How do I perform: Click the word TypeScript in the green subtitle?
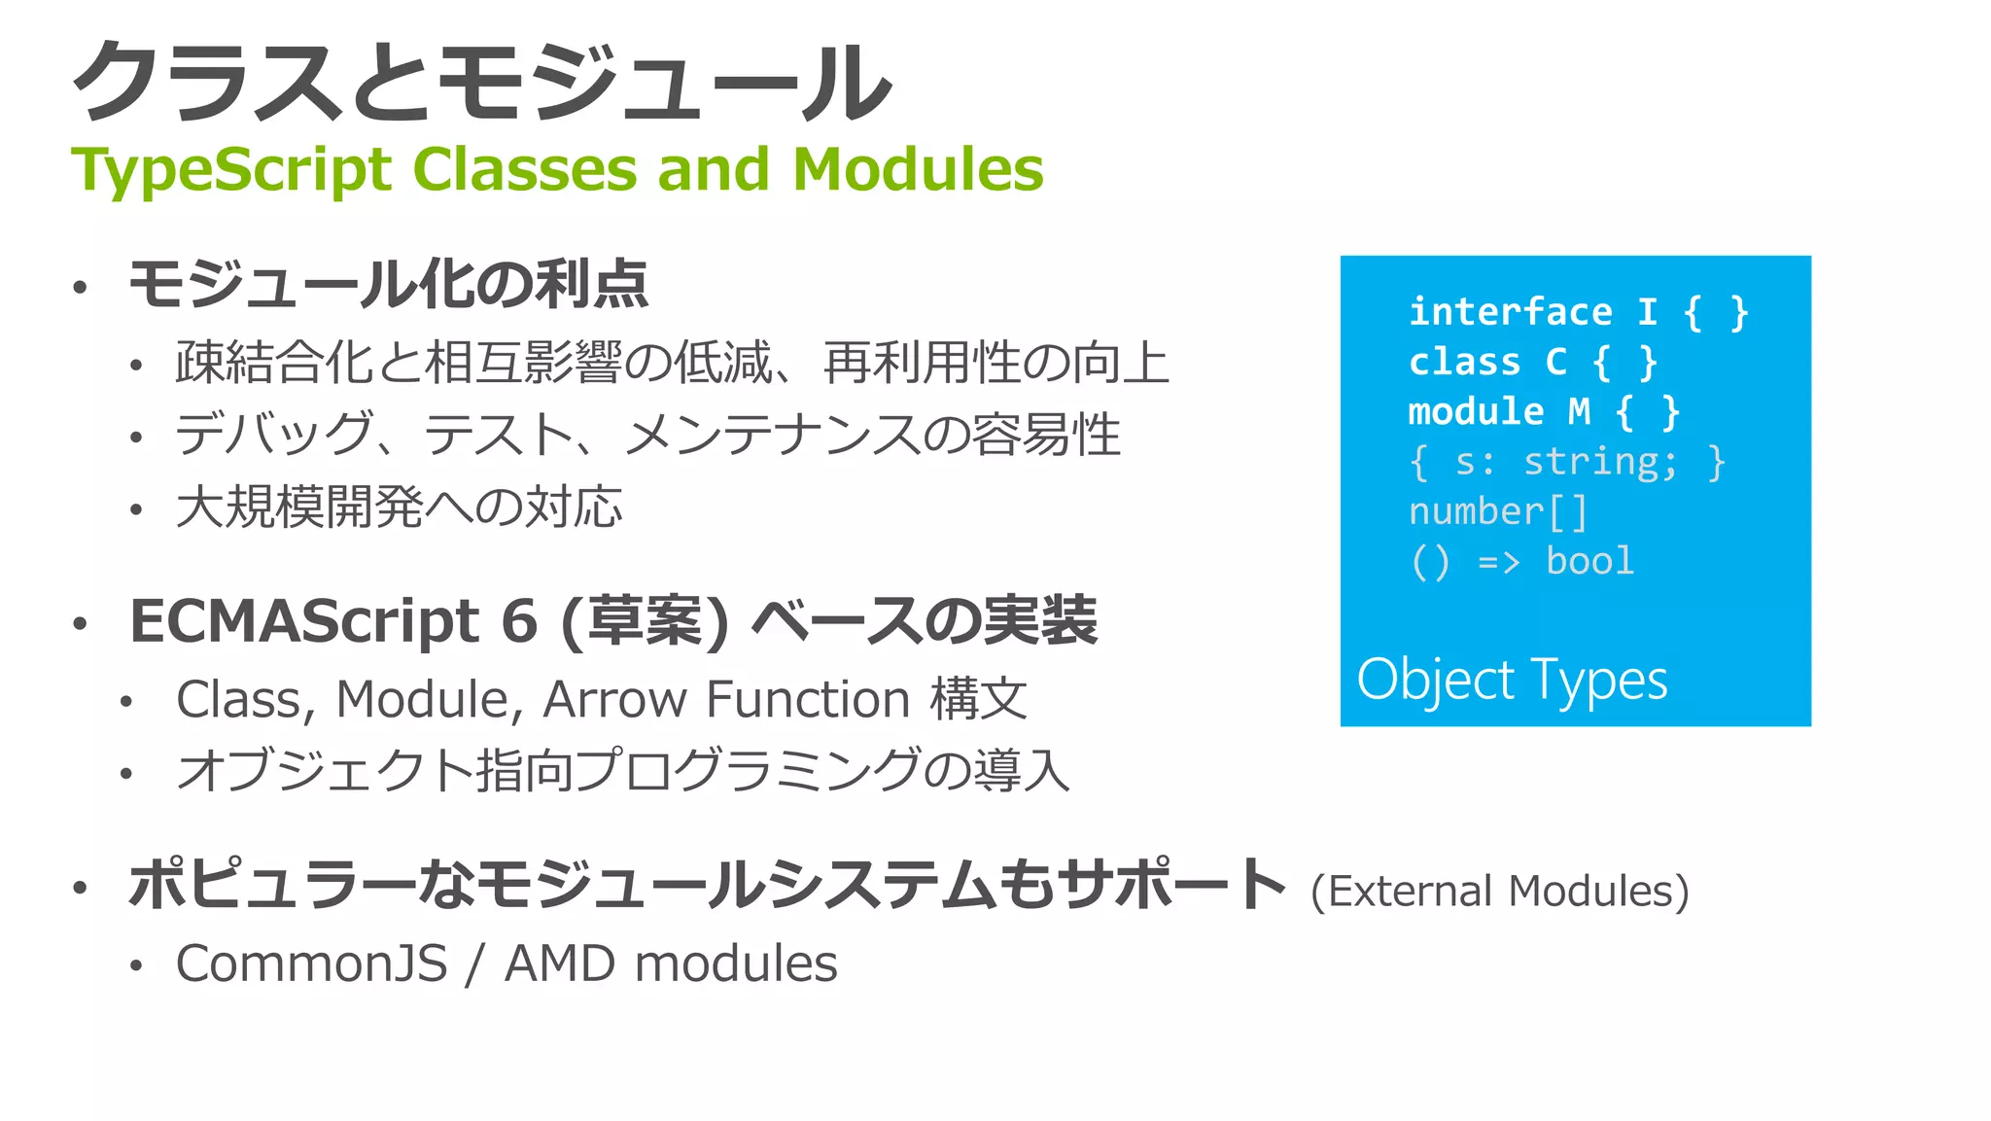(231, 171)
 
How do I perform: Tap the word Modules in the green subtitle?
(917, 169)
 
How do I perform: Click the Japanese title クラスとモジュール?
(481, 83)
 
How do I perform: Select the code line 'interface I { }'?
(1578, 312)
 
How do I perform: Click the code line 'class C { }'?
(1532, 362)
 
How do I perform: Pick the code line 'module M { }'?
(1544, 411)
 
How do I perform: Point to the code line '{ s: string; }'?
(1566, 462)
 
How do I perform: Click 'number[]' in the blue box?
(1498, 511)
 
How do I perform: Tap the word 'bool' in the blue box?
(1589, 561)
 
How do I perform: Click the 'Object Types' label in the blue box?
(1512, 680)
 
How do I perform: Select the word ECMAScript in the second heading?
(304, 621)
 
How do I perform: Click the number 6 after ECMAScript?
(519, 621)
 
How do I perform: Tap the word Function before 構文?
(808, 699)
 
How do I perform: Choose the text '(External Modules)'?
(1499, 891)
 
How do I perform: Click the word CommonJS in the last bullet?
(311, 963)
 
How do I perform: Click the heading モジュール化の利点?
(388, 285)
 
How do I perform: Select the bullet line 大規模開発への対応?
(399, 508)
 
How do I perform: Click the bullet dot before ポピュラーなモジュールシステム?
(80, 887)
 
